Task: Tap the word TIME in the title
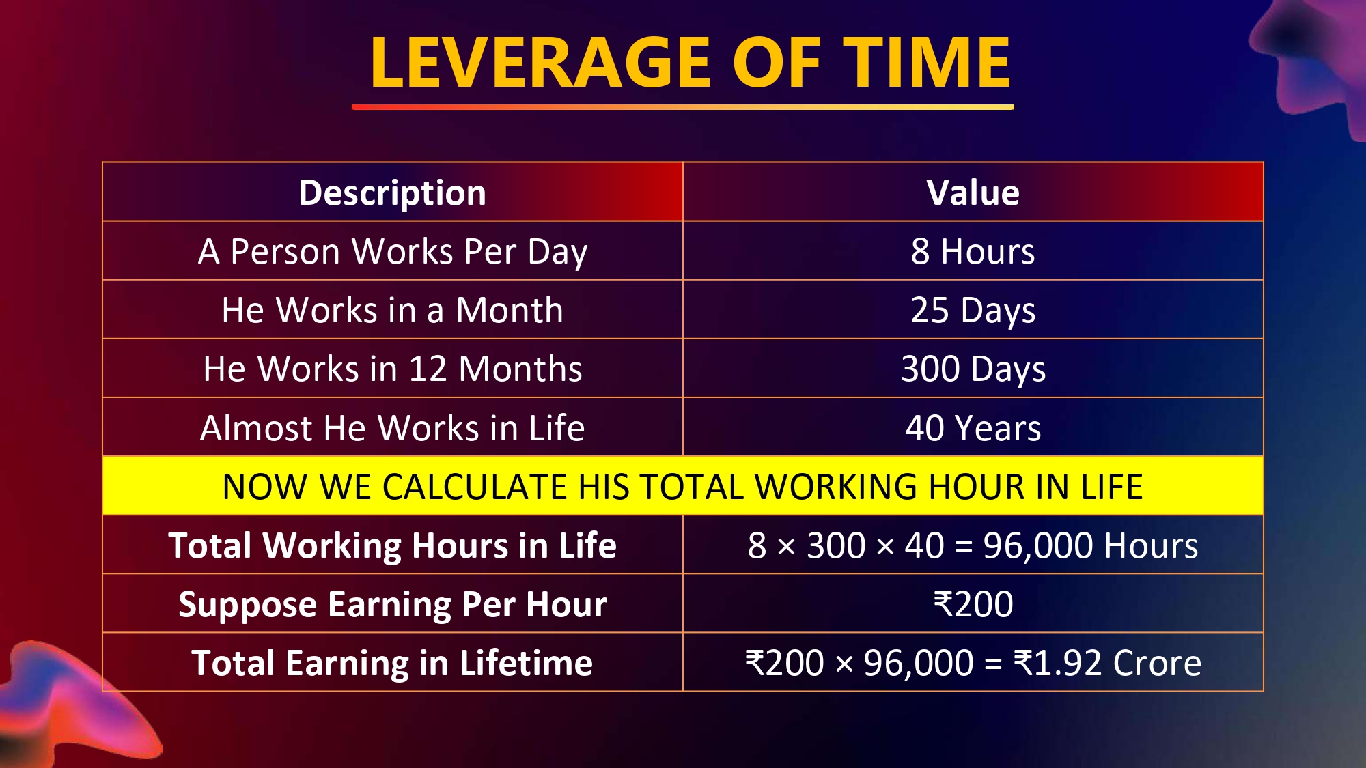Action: [927, 62]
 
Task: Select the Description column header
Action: [393, 193]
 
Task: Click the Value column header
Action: [973, 193]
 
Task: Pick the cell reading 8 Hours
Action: [973, 251]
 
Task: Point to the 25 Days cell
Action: [973, 311]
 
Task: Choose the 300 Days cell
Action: [973, 369]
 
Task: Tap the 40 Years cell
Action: [973, 428]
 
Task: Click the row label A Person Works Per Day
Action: [393, 252]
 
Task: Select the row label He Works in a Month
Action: [393, 310]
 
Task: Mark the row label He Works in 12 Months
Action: [393, 369]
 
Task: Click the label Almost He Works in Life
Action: [393, 428]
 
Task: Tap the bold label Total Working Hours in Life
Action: [393, 546]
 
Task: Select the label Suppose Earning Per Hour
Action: [393, 605]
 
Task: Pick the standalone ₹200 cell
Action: [973, 604]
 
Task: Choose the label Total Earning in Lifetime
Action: [393, 663]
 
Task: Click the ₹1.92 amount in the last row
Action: [1058, 663]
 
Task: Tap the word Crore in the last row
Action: [1157, 663]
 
